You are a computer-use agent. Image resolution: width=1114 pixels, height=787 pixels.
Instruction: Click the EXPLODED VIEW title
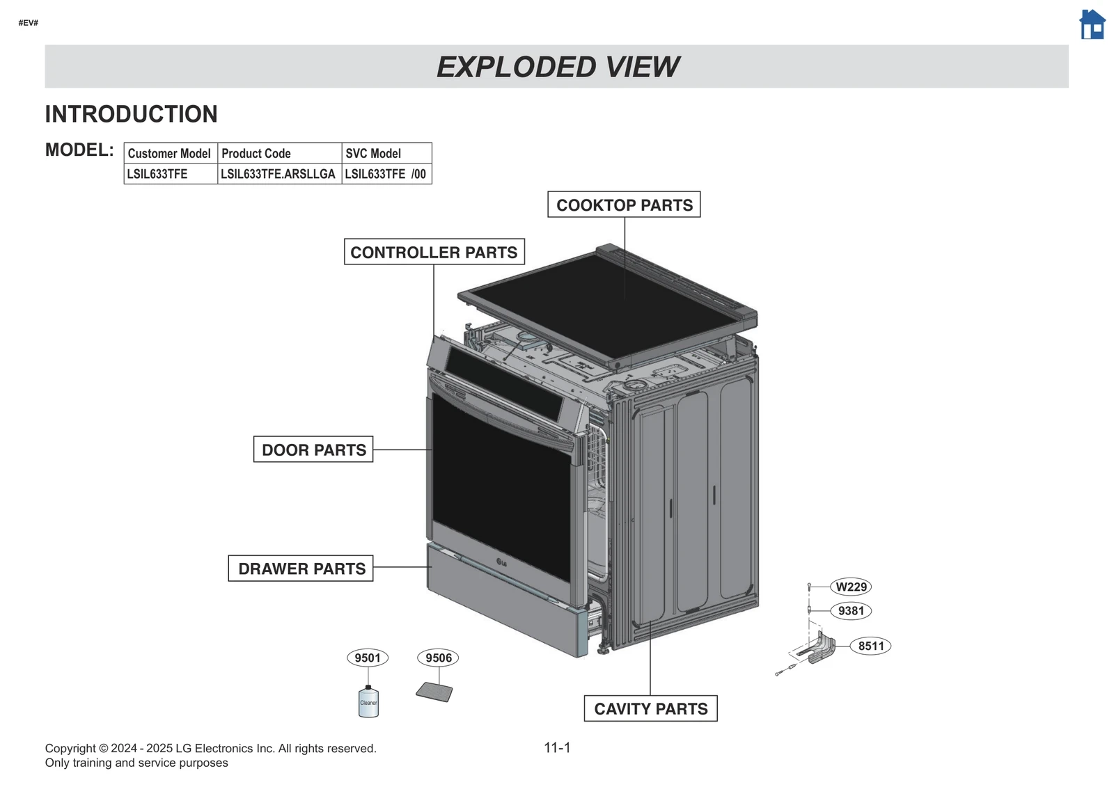pyautogui.click(x=557, y=67)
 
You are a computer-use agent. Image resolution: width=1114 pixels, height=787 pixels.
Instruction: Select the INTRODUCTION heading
pyautogui.click(x=131, y=114)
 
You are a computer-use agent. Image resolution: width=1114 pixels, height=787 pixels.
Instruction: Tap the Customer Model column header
pyautogui.click(x=169, y=153)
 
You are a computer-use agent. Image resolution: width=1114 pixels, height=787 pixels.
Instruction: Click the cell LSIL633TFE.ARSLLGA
pyautogui.click(x=278, y=174)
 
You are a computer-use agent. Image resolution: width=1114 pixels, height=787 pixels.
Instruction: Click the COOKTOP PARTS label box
pyautogui.click(x=624, y=205)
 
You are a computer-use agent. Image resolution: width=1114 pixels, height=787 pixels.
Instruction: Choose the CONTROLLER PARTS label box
pyautogui.click(x=434, y=252)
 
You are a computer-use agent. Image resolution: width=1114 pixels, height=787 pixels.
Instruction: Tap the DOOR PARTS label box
pyautogui.click(x=313, y=450)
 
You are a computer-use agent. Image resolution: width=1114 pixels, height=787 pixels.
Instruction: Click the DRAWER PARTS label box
pyautogui.click(x=301, y=569)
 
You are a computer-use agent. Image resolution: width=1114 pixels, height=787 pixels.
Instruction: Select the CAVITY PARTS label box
pyautogui.click(x=650, y=708)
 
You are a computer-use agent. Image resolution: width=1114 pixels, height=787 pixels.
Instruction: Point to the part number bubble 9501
pyautogui.click(x=368, y=658)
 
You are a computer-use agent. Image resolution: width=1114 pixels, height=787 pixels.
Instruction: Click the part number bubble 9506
pyautogui.click(x=438, y=658)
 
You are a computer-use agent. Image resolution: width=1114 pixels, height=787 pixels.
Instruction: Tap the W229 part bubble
pyautogui.click(x=851, y=587)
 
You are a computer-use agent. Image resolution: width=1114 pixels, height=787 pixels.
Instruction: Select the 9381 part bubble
pyautogui.click(x=851, y=611)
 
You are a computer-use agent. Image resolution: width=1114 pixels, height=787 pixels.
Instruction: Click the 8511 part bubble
pyautogui.click(x=870, y=646)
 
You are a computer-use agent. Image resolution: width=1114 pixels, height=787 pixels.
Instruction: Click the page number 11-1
pyautogui.click(x=557, y=747)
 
